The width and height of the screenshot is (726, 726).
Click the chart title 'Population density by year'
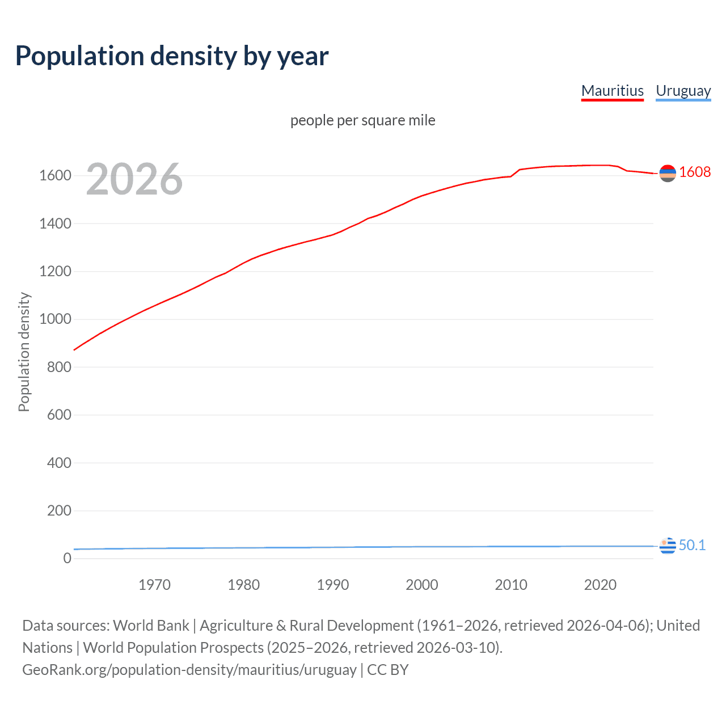tap(172, 56)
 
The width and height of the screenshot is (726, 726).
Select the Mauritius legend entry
tap(612, 91)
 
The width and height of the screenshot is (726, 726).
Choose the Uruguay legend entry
tap(683, 91)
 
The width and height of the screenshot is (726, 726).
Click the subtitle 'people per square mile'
tap(362, 120)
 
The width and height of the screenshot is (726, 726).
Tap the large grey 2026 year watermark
tap(134, 179)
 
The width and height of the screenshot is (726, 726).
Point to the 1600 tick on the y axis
tap(55, 176)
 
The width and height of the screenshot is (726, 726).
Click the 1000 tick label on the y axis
tap(55, 319)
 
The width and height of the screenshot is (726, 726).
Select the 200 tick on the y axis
tap(59, 510)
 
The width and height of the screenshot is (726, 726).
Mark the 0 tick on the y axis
tap(67, 558)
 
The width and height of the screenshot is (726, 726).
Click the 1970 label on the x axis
tap(154, 585)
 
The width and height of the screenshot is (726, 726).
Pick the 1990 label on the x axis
tap(333, 585)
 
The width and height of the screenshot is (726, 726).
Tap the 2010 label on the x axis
tap(511, 585)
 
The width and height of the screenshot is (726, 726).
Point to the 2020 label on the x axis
tap(600, 585)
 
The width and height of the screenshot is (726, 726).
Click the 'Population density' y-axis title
tap(24, 352)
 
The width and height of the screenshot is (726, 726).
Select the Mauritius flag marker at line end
tap(668, 173)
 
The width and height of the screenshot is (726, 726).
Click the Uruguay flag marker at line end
tap(668, 546)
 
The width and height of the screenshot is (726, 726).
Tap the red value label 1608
tap(695, 172)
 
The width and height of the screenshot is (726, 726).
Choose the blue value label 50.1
tap(692, 545)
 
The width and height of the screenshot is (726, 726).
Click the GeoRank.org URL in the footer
tap(189, 670)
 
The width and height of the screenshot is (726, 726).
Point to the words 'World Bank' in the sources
tap(151, 626)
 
